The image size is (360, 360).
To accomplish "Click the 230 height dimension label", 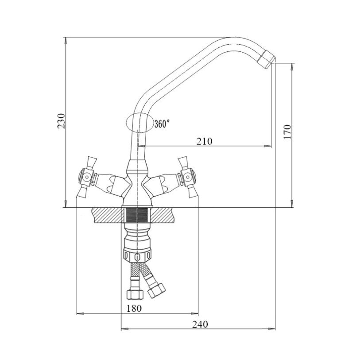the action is (x=62, y=121).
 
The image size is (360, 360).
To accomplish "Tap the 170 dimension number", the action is (x=287, y=132).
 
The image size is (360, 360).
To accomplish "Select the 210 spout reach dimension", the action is (x=204, y=141).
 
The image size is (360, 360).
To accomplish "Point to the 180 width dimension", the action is (x=134, y=308).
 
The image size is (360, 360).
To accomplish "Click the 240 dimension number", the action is (x=200, y=325).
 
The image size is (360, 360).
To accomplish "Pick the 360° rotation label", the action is (x=162, y=124).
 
